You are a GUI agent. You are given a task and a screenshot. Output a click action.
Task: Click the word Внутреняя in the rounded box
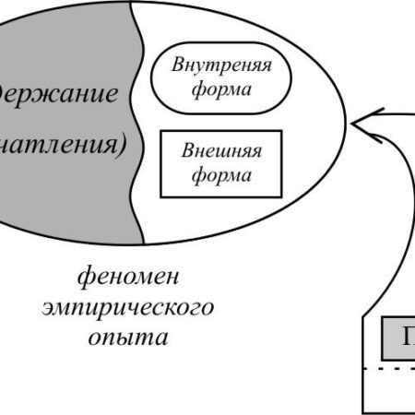(212, 66)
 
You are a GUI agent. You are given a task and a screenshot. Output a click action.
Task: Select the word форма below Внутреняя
(212, 89)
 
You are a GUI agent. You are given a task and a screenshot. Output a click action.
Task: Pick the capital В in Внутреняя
(176, 66)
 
